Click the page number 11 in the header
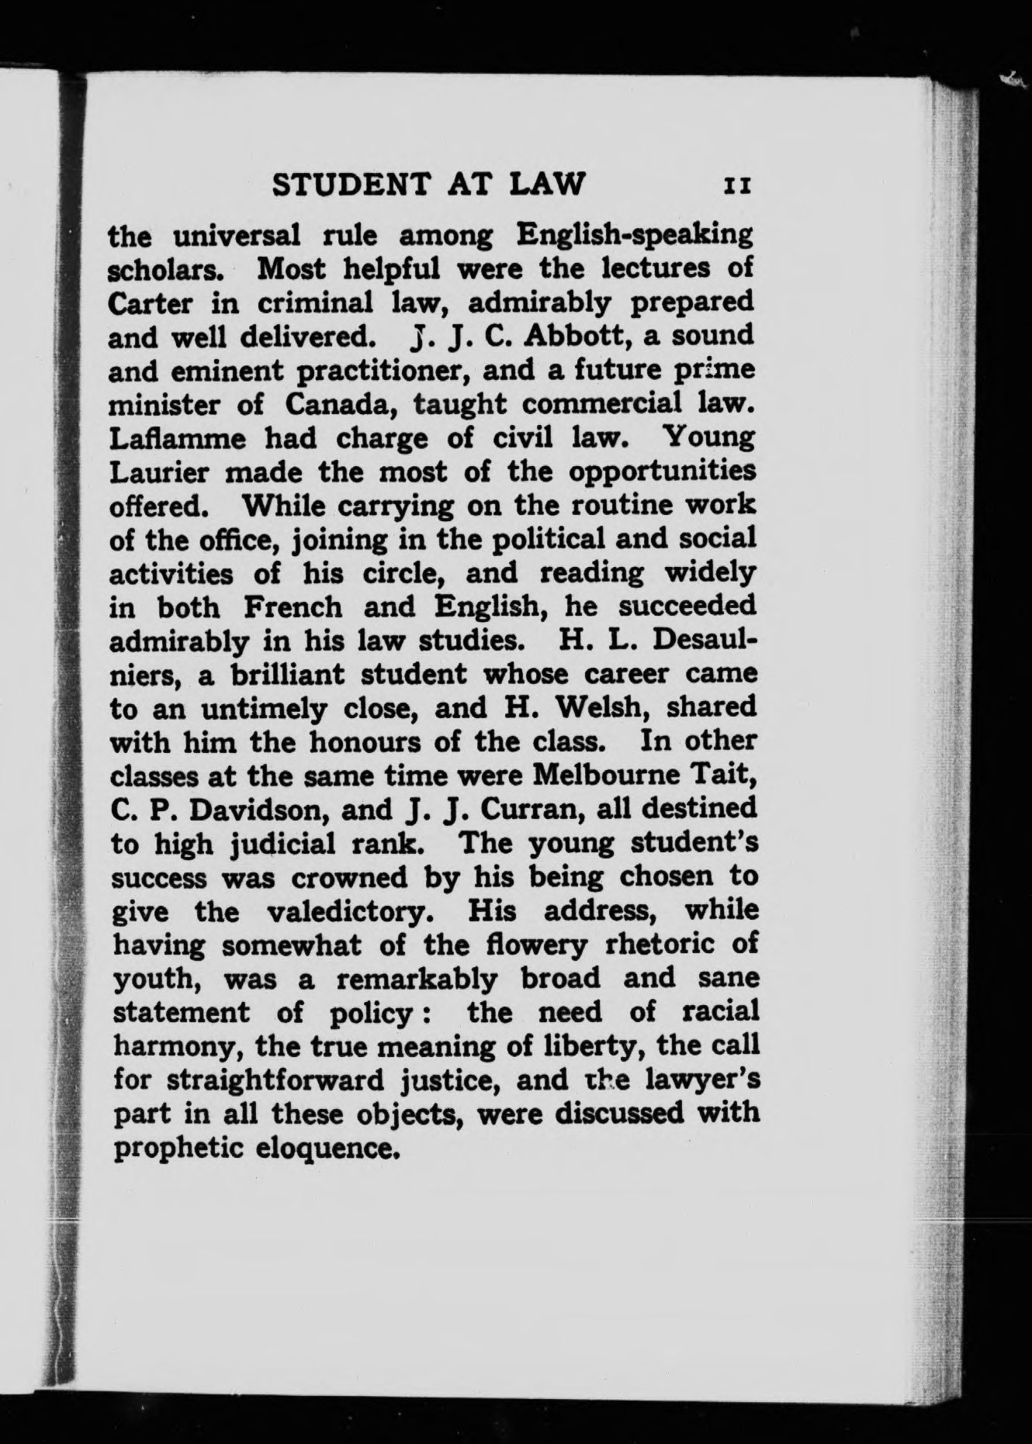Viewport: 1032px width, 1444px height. point(736,186)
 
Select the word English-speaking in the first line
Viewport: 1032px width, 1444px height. point(635,234)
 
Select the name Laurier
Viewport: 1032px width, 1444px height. point(158,472)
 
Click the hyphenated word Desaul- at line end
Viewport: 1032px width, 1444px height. point(705,641)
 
